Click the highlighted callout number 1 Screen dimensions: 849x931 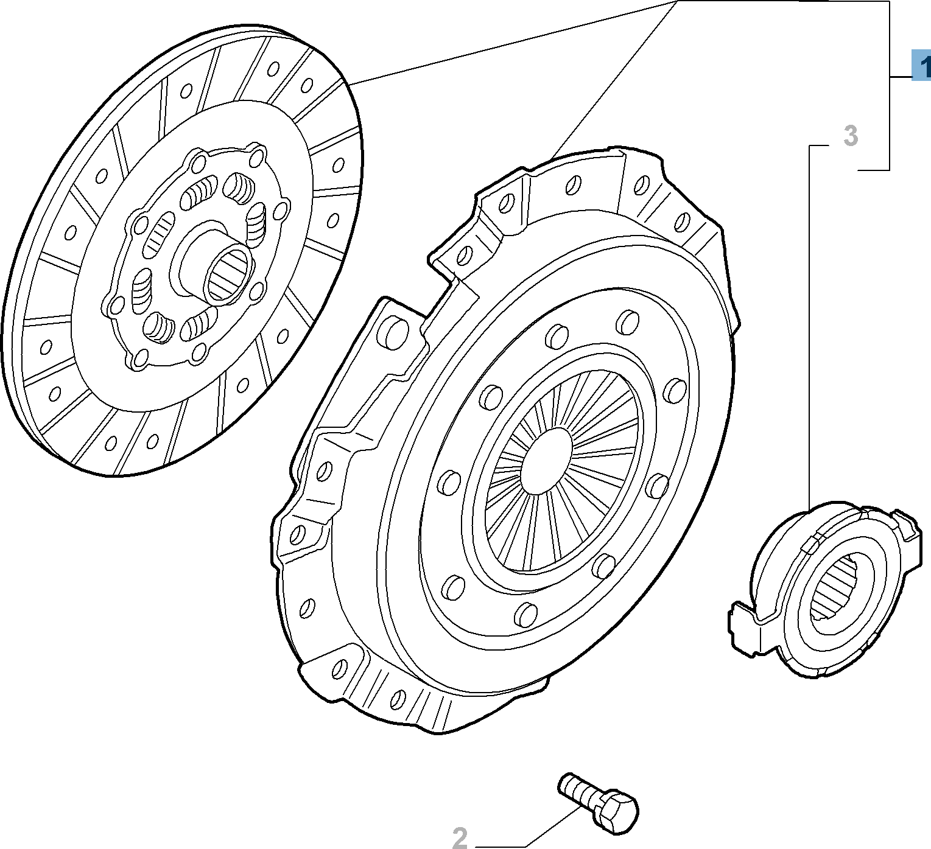click(922, 66)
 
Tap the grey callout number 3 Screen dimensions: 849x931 click(850, 136)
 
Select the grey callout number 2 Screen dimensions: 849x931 click(460, 837)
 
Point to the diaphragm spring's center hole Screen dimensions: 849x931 click(547, 460)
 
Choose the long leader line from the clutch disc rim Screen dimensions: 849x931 click(511, 43)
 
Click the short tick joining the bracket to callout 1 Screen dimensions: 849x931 click(901, 77)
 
